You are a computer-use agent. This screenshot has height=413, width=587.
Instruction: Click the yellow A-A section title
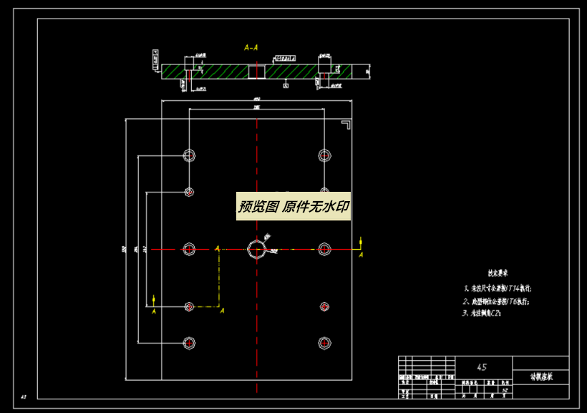[x=251, y=48]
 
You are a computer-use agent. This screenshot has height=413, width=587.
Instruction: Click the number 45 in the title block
[x=482, y=367]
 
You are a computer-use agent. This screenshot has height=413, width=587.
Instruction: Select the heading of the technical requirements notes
[x=498, y=273]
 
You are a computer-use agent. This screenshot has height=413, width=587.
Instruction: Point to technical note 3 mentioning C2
[x=486, y=313]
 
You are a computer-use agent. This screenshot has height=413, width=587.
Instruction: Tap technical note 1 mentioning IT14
[x=498, y=288]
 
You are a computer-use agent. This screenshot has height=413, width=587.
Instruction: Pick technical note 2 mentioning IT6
[x=497, y=301]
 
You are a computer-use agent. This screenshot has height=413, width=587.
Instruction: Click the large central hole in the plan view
[x=256, y=249]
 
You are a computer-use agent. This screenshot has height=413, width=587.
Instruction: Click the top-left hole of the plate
[x=189, y=155]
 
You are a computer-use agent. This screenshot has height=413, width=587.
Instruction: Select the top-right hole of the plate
[x=324, y=155]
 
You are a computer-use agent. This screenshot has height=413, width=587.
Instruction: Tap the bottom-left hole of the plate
[x=189, y=343]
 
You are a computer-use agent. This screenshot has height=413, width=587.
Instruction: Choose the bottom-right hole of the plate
[x=324, y=343]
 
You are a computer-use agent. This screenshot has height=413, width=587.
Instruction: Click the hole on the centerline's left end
[x=189, y=248]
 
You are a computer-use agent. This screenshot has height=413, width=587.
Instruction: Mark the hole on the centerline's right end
[x=324, y=248]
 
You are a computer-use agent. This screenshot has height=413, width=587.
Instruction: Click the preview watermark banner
[x=293, y=207]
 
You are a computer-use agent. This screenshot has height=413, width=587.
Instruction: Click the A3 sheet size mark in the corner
[x=23, y=396]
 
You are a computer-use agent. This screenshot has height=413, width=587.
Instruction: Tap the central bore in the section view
[x=256, y=71]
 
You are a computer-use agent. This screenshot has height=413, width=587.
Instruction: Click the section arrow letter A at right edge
[x=361, y=254]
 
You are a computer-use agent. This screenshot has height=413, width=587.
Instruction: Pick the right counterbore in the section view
[x=324, y=71]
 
